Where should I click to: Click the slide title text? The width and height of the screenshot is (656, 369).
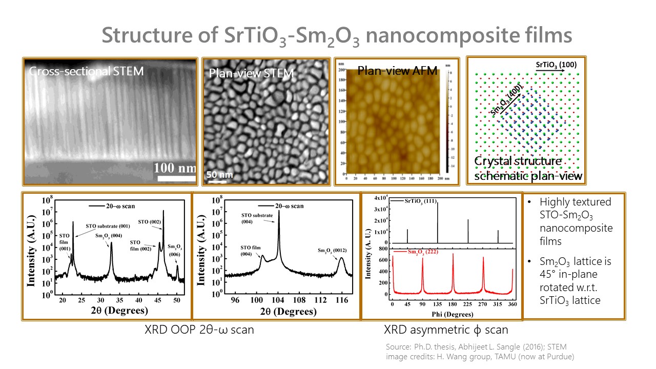point(337,36)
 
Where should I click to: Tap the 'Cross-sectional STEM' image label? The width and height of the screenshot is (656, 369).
point(86,71)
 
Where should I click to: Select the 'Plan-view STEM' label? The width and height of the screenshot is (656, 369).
point(251,73)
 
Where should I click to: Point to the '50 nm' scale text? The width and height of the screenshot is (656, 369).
point(219,174)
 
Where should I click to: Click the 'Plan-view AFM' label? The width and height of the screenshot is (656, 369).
point(397,70)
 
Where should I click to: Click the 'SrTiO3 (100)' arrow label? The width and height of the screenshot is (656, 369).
point(556,65)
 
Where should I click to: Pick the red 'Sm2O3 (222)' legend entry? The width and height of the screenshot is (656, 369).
point(424,252)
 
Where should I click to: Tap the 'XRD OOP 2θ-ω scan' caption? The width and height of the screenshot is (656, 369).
point(199,330)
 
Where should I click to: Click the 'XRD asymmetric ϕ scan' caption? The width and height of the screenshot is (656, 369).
point(446,330)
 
